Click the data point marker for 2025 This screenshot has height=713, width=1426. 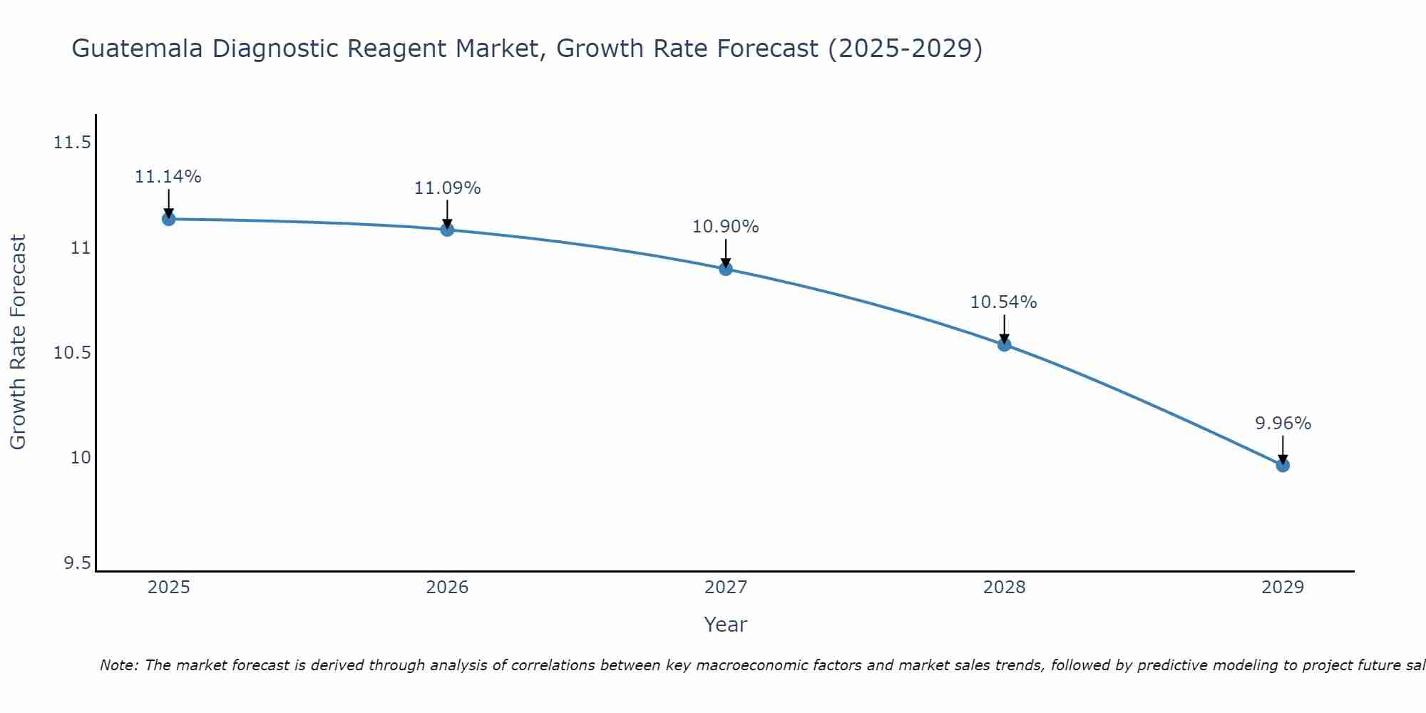click(x=169, y=219)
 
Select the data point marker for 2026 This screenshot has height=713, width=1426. click(x=447, y=230)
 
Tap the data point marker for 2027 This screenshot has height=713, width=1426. click(x=726, y=269)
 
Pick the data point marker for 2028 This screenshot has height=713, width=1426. click(x=1004, y=345)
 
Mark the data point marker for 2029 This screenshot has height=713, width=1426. click(x=1283, y=466)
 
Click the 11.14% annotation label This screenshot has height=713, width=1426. click(x=168, y=177)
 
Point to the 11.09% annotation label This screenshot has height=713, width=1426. click(x=447, y=188)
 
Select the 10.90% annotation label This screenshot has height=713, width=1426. click(x=726, y=227)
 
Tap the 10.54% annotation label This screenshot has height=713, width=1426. click(x=1003, y=302)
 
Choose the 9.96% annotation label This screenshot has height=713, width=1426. click(x=1283, y=424)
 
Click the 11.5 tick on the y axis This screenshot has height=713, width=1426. click(x=72, y=143)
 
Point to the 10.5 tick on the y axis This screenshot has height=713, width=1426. click(x=72, y=353)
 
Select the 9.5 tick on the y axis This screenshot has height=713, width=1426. click(x=77, y=564)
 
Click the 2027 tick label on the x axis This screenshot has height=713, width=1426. click(x=726, y=588)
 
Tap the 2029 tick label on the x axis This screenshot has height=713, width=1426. click(x=1283, y=588)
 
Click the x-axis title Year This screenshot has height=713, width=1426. click(x=725, y=625)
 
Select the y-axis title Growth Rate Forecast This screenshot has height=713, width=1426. click(x=18, y=342)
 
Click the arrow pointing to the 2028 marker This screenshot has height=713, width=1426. click(x=1004, y=329)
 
